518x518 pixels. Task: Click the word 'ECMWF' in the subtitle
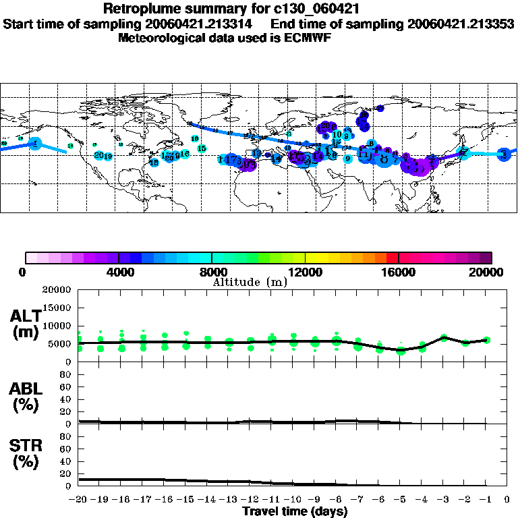pyautogui.click(x=310, y=38)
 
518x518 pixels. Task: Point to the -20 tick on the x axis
pyautogui.click(x=79, y=500)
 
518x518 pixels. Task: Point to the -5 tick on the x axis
pyautogui.click(x=401, y=500)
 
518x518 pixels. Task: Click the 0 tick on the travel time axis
pyautogui.click(x=507, y=500)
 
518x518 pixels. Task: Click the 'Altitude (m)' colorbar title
pyautogui.click(x=250, y=281)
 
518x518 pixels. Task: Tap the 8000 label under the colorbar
pyautogui.click(x=212, y=272)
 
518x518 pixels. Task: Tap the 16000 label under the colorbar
pyautogui.click(x=399, y=272)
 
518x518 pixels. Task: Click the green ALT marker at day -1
pyautogui.click(x=486, y=340)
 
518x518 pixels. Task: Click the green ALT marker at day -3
pyautogui.click(x=444, y=337)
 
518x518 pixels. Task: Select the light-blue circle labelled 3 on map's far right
pyautogui.click(x=504, y=154)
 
